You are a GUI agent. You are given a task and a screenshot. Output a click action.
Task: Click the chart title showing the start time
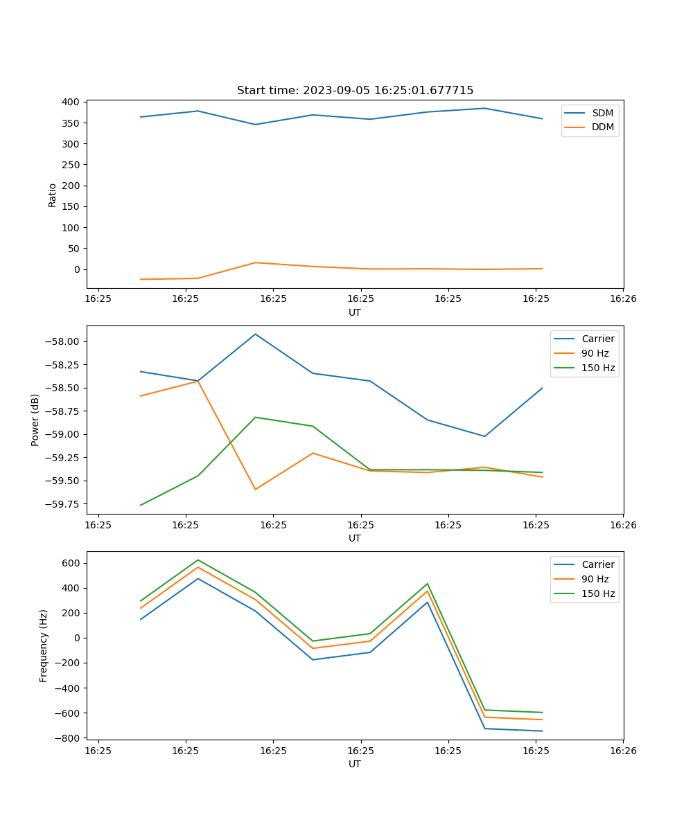(x=355, y=91)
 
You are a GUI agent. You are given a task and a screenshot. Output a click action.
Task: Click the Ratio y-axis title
(x=53, y=195)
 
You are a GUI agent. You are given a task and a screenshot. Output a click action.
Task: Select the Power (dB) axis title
(x=35, y=420)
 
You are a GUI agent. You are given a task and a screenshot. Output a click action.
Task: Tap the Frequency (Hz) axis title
(x=44, y=645)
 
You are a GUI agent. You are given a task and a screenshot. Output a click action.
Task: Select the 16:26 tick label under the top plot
(x=622, y=298)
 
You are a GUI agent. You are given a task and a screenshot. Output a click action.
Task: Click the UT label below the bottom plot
(x=355, y=764)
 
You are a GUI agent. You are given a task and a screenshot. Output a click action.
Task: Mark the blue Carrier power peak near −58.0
(x=255, y=334)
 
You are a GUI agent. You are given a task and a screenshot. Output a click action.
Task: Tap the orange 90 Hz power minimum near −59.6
(x=255, y=490)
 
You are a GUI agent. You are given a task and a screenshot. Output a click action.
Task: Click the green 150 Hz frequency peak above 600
(x=198, y=560)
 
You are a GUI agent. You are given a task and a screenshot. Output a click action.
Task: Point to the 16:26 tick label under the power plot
(x=622, y=524)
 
